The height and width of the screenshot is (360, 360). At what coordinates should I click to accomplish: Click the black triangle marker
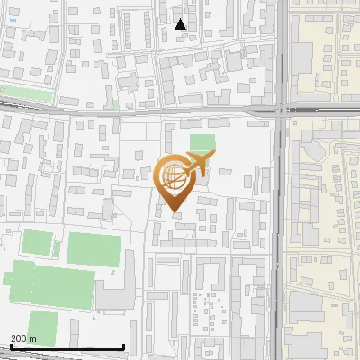click(x=181, y=24)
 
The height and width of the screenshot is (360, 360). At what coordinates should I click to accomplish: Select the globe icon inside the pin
click(x=172, y=176)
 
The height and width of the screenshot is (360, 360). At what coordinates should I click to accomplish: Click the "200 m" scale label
click(x=23, y=338)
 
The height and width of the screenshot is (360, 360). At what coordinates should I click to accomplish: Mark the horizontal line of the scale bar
click(x=63, y=347)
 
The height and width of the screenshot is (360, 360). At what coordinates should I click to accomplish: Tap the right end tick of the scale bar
click(x=123, y=346)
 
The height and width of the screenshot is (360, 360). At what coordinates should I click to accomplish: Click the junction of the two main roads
click(x=280, y=111)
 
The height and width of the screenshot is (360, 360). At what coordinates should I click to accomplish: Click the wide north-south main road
click(x=280, y=225)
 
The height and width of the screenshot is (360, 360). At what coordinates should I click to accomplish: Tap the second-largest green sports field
click(x=92, y=248)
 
